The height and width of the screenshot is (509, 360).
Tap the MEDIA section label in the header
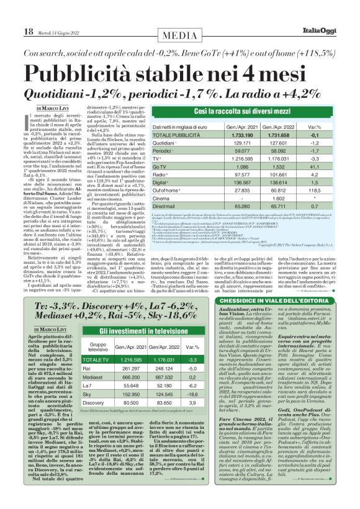[180, 14]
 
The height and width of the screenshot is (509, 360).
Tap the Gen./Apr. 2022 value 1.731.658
[274, 135]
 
